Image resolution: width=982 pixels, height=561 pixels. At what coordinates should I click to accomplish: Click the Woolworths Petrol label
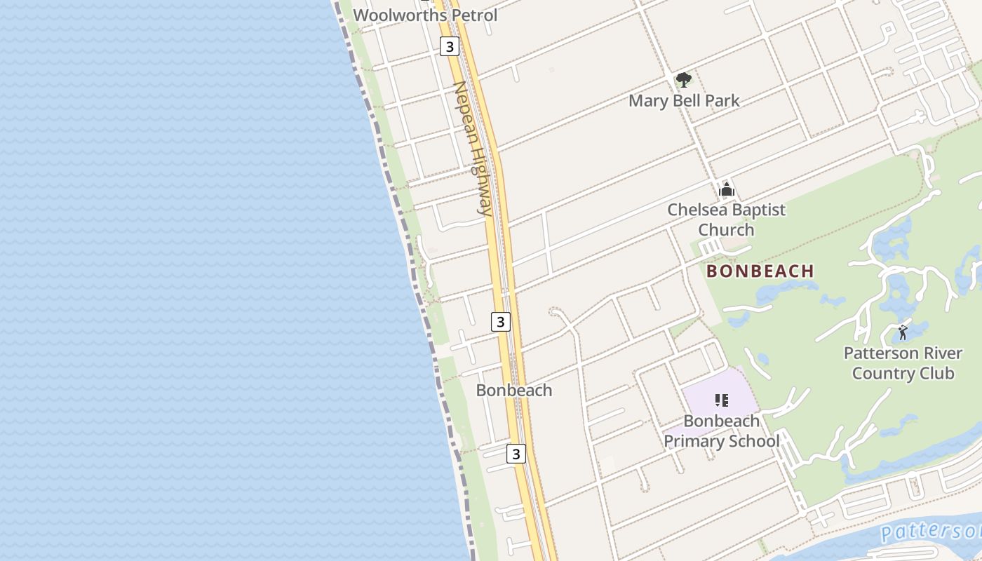425,15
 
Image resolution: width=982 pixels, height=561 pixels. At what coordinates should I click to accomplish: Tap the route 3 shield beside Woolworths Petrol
449,46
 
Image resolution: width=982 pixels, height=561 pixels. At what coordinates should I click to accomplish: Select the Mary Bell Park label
684,100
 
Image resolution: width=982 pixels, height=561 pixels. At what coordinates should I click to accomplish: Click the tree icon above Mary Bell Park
683,80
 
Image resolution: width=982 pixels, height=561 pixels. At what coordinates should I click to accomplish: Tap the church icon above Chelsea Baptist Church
727,189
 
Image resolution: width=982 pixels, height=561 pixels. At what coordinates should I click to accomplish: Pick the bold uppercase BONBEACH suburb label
760,271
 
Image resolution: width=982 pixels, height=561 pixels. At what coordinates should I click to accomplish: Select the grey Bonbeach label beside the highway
514,390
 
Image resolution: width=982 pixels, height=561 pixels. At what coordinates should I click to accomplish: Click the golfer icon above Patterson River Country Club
903,332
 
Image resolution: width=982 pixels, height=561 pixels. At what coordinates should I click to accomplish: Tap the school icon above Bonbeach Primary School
721,400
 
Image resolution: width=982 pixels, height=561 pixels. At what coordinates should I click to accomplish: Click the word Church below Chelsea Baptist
726,229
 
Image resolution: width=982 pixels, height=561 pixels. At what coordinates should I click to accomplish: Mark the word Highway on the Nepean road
480,180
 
